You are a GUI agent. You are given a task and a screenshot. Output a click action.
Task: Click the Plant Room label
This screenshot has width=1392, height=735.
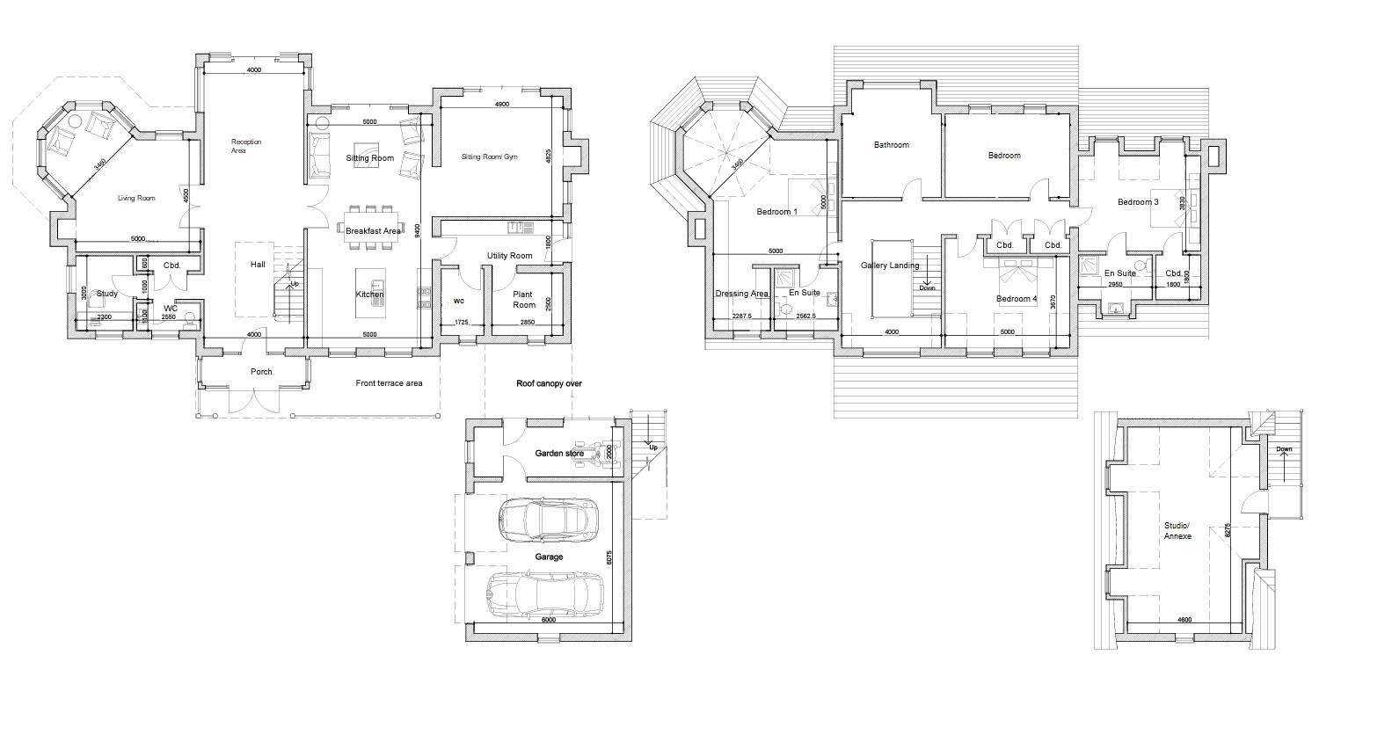click(524, 300)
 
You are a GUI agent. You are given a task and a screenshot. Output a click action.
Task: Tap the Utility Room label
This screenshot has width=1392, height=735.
click(510, 256)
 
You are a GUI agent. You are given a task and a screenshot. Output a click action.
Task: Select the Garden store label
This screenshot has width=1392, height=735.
click(559, 454)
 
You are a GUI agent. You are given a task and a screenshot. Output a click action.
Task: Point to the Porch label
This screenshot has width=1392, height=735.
click(261, 372)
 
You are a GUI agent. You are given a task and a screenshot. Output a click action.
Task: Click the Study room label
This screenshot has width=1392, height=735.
click(106, 294)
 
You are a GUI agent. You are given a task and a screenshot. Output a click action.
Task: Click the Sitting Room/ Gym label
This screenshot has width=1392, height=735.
click(490, 157)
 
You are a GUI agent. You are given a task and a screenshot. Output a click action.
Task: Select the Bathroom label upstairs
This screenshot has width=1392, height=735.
click(891, 145)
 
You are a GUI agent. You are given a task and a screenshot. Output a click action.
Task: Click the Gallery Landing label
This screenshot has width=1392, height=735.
click(890, 265)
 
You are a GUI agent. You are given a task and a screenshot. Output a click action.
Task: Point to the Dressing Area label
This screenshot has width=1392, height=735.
click(741, 294)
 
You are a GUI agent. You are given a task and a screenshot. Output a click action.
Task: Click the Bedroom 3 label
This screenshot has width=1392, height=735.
click(1138, 202)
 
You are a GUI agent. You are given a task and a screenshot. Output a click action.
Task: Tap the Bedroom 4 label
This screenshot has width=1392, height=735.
click(1016, 299)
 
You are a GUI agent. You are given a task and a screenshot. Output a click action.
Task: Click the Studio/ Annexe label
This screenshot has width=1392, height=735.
click(1177, 530)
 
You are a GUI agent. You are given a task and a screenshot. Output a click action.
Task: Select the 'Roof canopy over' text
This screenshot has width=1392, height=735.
click(549, 383)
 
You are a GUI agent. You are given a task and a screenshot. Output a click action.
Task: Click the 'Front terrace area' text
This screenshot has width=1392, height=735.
click(389, 383)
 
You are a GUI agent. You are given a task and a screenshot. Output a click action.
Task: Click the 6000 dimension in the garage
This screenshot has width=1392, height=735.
click(548, 620)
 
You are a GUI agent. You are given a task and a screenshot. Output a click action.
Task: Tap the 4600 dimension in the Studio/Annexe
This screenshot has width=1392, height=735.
click(1184, 621)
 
